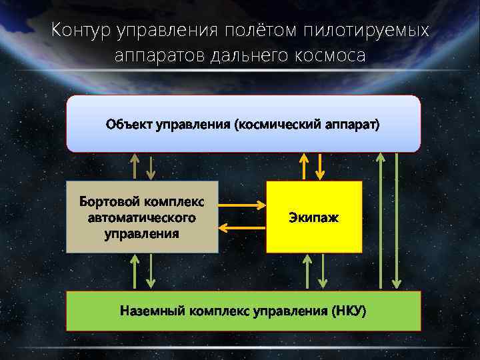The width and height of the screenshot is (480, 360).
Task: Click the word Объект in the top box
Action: [129, 125]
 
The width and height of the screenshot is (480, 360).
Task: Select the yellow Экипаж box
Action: [314, 217]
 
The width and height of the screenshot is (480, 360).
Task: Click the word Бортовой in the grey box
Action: [109, 202]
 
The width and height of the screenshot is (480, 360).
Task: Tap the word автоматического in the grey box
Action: [141, 218]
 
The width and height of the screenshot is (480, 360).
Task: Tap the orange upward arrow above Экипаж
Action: [305, 166]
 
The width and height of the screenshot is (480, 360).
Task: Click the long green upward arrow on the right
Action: [380, 220]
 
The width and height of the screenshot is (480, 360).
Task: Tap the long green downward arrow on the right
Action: [397, 220]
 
